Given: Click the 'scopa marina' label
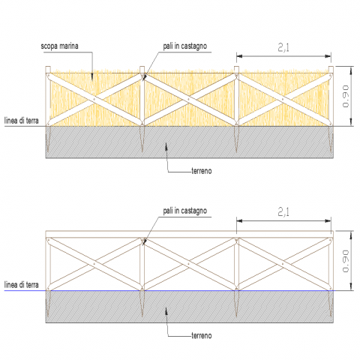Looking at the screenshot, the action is pyautogui.click(x=59, y=46).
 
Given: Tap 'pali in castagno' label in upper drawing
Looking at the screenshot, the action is pyautogui.click(x=185, y=46).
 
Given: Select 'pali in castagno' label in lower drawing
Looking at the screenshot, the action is pyautogui.click(x=185, y=211).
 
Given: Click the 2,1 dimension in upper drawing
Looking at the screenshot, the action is pyautogui.click(x=283, y=47).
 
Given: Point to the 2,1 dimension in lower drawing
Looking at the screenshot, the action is pyautogui.click(x=283, y=212).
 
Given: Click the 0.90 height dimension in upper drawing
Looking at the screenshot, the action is pyautogui.click(x=346, y=96).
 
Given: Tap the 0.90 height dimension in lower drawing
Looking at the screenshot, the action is pyautogui.click(x=346, y=261).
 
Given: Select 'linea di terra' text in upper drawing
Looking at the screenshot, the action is pyautogui.click(x=22, y=121).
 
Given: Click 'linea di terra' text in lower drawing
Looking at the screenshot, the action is pyautogui.click(x=22, y=285).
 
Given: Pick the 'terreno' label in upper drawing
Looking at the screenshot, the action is pyautogui.click(x=202, y=171).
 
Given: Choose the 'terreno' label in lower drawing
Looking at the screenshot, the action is pyautogui.click(x=202, y=335).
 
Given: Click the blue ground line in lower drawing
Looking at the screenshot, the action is pyautogui.click(x=169, y=290).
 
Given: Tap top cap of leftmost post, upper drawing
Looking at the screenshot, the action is pyautogui.click(x=48, y=70).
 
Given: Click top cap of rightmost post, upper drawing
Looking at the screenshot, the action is pyautogui.click(x=331, y=70).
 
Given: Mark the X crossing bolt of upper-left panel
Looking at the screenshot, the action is pyautogui.click(x=94, y=99).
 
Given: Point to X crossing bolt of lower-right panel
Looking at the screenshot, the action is pyautogui.click(x=283, y=264).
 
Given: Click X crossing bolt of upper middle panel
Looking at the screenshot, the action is pyautogui.click(x=189, y=99).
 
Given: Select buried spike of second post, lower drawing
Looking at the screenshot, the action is pyautogui.click(x=142, y=304).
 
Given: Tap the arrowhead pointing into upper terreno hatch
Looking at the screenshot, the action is pyautogui.click(x=166, y=147).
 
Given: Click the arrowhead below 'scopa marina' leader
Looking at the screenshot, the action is pyautogui.click(x=92, y=76).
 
